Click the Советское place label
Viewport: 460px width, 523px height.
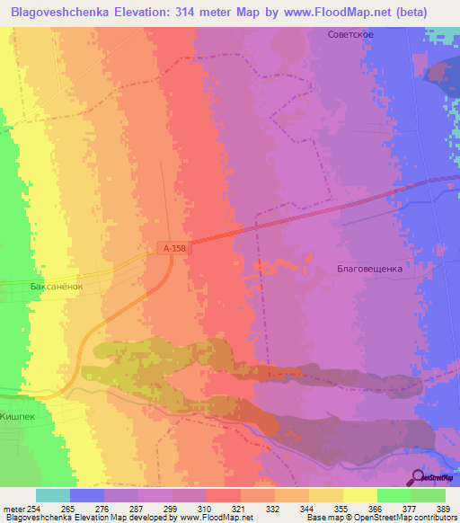350,33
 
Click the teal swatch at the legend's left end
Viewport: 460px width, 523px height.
53,495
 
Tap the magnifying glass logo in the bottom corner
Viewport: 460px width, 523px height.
419,477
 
